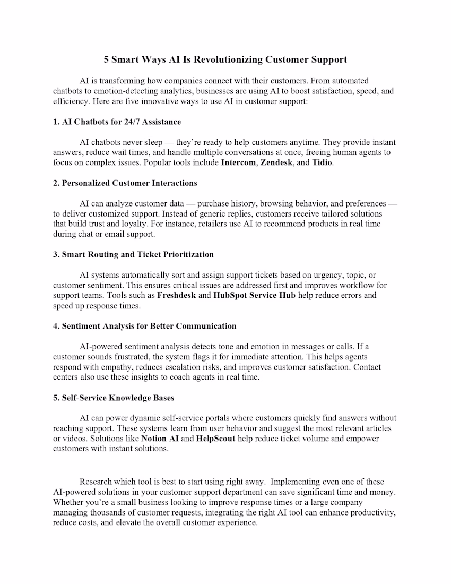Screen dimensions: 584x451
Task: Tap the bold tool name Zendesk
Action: (276, 162)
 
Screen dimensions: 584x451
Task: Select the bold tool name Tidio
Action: (322, 162)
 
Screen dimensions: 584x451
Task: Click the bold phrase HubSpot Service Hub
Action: (254, 295)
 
